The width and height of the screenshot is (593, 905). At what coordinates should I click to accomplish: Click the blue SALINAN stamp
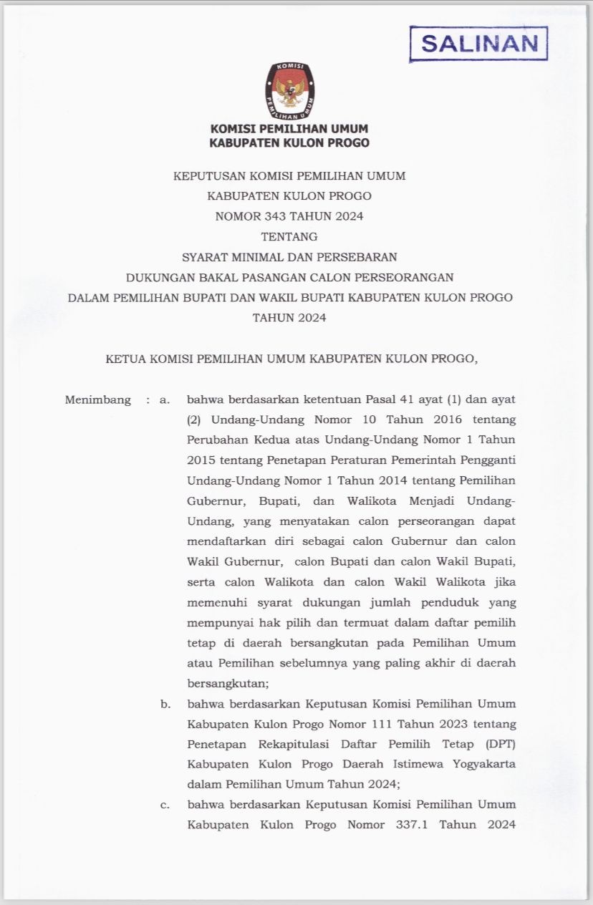(478, 43)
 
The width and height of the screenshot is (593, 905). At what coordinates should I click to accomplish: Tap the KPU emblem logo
(289, 90)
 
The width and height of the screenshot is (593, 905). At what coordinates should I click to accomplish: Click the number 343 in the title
(256, 216)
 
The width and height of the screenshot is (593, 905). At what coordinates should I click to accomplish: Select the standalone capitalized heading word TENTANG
(289, 236)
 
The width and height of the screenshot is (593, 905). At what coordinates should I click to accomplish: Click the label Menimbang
(98, 400)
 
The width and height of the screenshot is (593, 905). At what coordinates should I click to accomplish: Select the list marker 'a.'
(165, 400)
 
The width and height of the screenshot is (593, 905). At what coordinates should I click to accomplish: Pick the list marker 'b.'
(165, 705)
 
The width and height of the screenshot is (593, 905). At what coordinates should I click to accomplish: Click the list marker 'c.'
(165, 805)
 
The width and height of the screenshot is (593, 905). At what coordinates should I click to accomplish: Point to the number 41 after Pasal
(397, 400)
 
